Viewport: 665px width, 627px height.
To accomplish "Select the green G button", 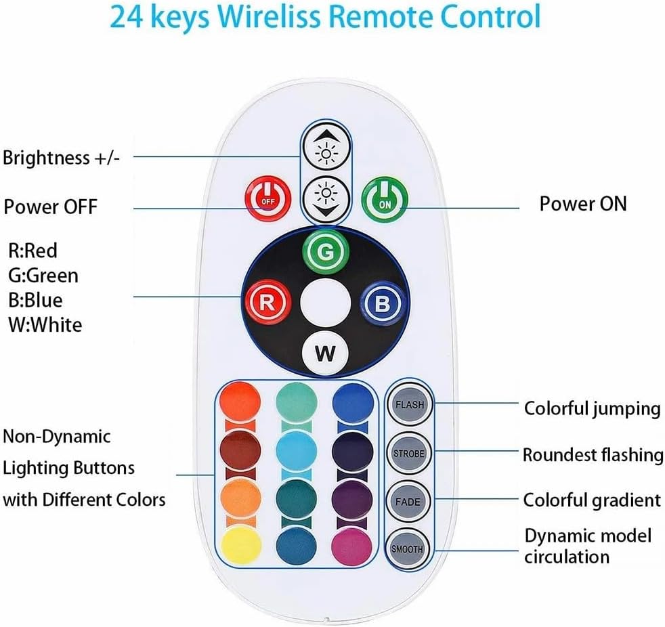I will [x=326, y=253].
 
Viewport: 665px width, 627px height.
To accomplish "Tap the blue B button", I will [x=382, y=303].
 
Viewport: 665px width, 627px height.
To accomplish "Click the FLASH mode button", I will [x=409, y=405].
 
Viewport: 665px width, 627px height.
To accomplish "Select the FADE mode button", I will [x=409, y=502].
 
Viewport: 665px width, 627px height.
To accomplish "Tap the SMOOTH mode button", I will [x=408, y=549].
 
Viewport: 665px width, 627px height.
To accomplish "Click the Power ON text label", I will [x=582, y=203].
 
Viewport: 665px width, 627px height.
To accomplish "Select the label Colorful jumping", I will [x=592, y=408].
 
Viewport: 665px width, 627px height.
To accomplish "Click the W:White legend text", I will [x=45, y=324].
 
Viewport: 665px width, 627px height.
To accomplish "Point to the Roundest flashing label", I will [x=593, y=454].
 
